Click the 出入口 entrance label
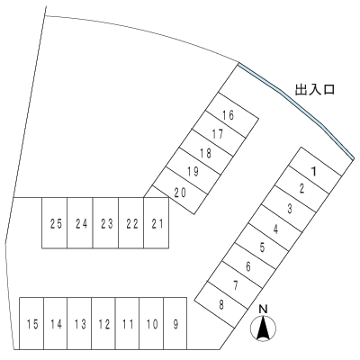[x=315, y=89]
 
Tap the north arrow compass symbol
[x=263, y=328]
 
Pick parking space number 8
[x=221, y=305]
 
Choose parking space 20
[x=180, y=192]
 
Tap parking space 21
[x=157, y=223]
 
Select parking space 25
[x=55, y=223]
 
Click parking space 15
[x=31, y=324]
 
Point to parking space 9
[x=175, y=324]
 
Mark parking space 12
[x=103, y=324]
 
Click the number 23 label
[x=106, y=224]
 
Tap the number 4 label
[x=276, y=229]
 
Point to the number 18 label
[x=206, y=153]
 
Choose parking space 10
[x=151, y=324]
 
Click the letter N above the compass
[x=263, y=310]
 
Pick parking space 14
[x=56, y=324]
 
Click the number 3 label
[x=290, y=209]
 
